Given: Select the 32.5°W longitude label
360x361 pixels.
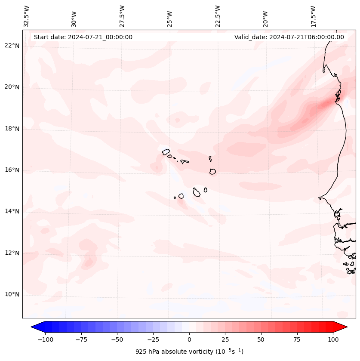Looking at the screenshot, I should (x=27, y=16).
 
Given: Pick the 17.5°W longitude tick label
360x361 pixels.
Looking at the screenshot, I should (x=314, y=16).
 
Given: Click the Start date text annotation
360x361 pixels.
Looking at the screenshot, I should (x=83, y=37).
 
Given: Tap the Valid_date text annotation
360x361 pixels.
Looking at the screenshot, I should (x=289, y=37).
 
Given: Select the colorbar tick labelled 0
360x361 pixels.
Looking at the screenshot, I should (x=189, y=339).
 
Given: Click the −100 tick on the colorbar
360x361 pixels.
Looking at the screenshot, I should (x=45, y=339).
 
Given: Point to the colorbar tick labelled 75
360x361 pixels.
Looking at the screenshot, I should (x=297, y=339).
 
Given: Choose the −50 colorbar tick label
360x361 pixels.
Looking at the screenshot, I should (x=117, y=339).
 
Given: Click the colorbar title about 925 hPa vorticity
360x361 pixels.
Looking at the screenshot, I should (x=189, y=352).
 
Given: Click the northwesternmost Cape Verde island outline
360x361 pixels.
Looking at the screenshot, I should (x=166, y=151).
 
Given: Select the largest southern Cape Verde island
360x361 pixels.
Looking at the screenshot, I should (x=197, y=192).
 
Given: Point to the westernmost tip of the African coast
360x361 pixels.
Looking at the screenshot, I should (x=319, y=198).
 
